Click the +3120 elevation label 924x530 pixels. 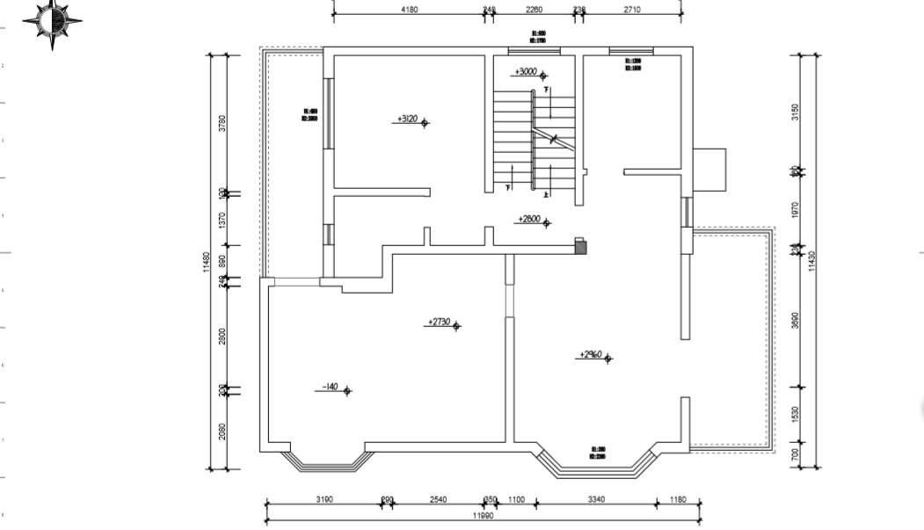408,119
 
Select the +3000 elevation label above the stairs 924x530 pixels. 527,72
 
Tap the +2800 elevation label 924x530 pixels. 530,219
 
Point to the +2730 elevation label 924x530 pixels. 440,323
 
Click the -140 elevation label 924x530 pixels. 330,387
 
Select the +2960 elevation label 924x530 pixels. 591,355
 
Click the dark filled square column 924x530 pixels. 580,247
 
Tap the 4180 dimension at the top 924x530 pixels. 409,10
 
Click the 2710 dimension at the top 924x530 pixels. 632,10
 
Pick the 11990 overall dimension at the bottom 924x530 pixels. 484,517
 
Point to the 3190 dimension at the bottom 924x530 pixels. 324,500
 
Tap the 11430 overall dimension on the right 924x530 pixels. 812,261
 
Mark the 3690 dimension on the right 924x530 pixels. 797,320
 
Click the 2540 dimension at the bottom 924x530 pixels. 438,500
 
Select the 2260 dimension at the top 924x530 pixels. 534,10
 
